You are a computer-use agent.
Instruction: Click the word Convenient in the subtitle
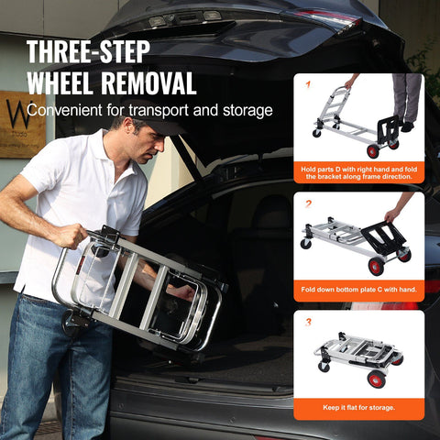click(x=70, y=111)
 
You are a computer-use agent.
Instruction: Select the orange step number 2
click(x=309, y=204)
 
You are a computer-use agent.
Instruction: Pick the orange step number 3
click(x=309, y=323)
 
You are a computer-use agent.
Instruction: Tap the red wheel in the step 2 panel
click(x=376, y=267)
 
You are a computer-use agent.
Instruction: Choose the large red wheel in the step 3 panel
click(x=377, y=379)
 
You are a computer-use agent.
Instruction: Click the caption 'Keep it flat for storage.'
click(x=358, y=408)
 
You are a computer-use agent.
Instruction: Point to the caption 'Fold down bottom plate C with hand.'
click(x=358, y=290)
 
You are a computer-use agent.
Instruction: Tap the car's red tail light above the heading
click(x=316, y=17)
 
